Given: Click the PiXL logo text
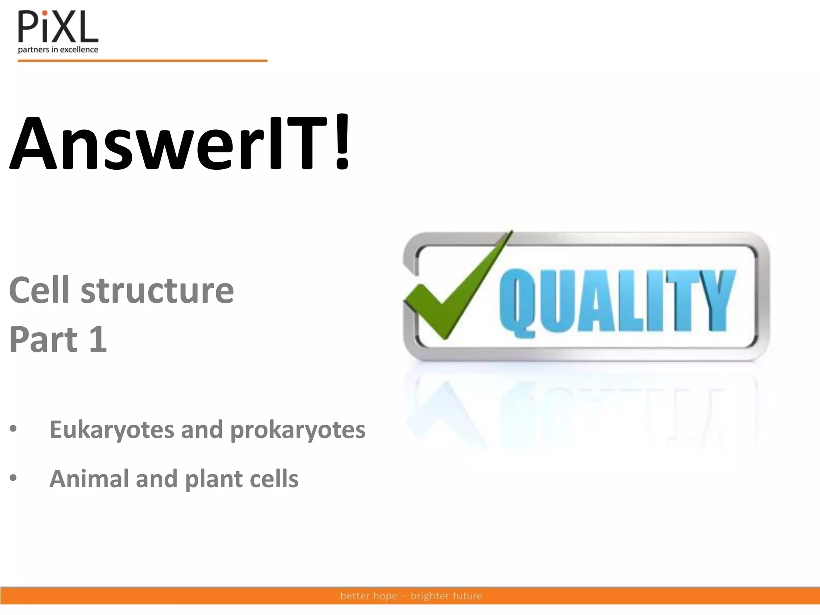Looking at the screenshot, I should click(58, 27).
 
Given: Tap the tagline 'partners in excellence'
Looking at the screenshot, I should click(58, 50).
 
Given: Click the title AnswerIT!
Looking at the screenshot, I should click(180, 143).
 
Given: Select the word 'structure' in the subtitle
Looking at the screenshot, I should click(157, 291).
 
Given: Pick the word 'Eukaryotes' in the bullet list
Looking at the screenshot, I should click(112, 430).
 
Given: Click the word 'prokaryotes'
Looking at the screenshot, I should click(298, 430).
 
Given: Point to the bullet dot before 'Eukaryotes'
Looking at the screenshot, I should click(14, 429).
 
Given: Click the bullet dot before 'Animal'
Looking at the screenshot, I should click(14, 478).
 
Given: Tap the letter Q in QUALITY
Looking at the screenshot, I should click(518, 302).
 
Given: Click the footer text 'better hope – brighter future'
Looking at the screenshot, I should click(411, 596).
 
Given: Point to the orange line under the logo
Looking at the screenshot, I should click(142, 61).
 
